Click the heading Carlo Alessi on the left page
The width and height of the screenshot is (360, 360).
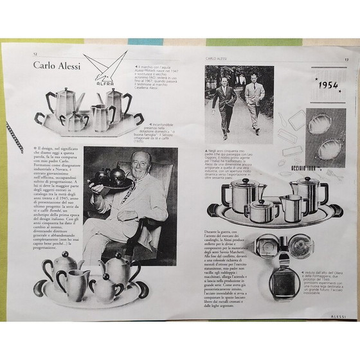pyautogui.click(x=62, y=68)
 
